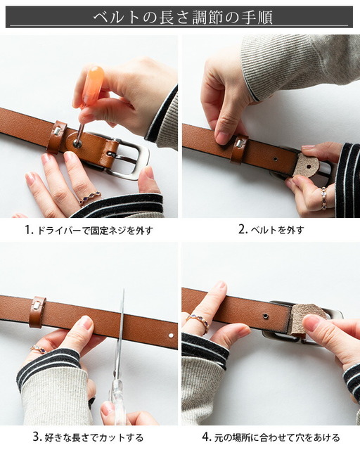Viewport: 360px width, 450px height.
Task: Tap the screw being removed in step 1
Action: point(77,143)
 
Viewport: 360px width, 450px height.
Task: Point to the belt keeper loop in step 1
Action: point(57,137)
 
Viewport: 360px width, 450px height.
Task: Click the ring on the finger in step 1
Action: point(90,198)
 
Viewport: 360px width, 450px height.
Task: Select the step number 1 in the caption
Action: point(29,230)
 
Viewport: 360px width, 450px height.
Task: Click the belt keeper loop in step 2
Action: point(239,149)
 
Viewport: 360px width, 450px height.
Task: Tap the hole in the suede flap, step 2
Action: point(308,167)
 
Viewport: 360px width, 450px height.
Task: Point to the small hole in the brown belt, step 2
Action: point(276,158)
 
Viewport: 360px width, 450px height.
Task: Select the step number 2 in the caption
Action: point(243,230)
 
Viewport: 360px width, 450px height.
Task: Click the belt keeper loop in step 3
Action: point(37,311)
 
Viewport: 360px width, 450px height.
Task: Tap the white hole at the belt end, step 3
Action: point(171,335)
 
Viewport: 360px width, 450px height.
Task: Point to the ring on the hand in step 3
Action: point(39,349)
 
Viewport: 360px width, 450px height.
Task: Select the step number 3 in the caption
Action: point(37,437)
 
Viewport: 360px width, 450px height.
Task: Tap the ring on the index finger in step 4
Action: point(196,320)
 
